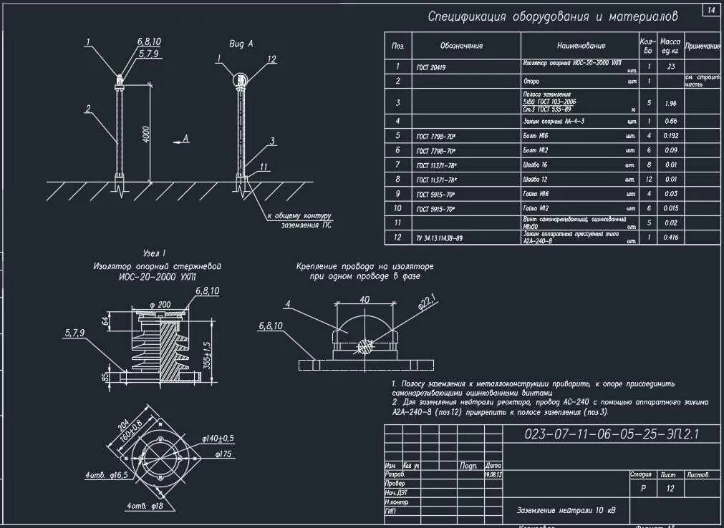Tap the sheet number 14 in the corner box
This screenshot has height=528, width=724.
click(711, 10)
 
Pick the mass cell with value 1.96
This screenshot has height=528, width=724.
click(670, 103)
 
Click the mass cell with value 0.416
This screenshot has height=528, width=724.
click(670, 238)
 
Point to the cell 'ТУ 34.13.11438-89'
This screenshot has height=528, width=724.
click(439, 238)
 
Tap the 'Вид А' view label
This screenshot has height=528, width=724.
click(241, 44)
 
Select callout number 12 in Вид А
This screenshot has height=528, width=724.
click(271, 59)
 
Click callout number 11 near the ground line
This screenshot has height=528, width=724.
click(264, 167)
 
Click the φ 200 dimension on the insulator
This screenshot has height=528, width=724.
click(162, 305)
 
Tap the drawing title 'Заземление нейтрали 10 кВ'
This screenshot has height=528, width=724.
click(566, 510)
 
